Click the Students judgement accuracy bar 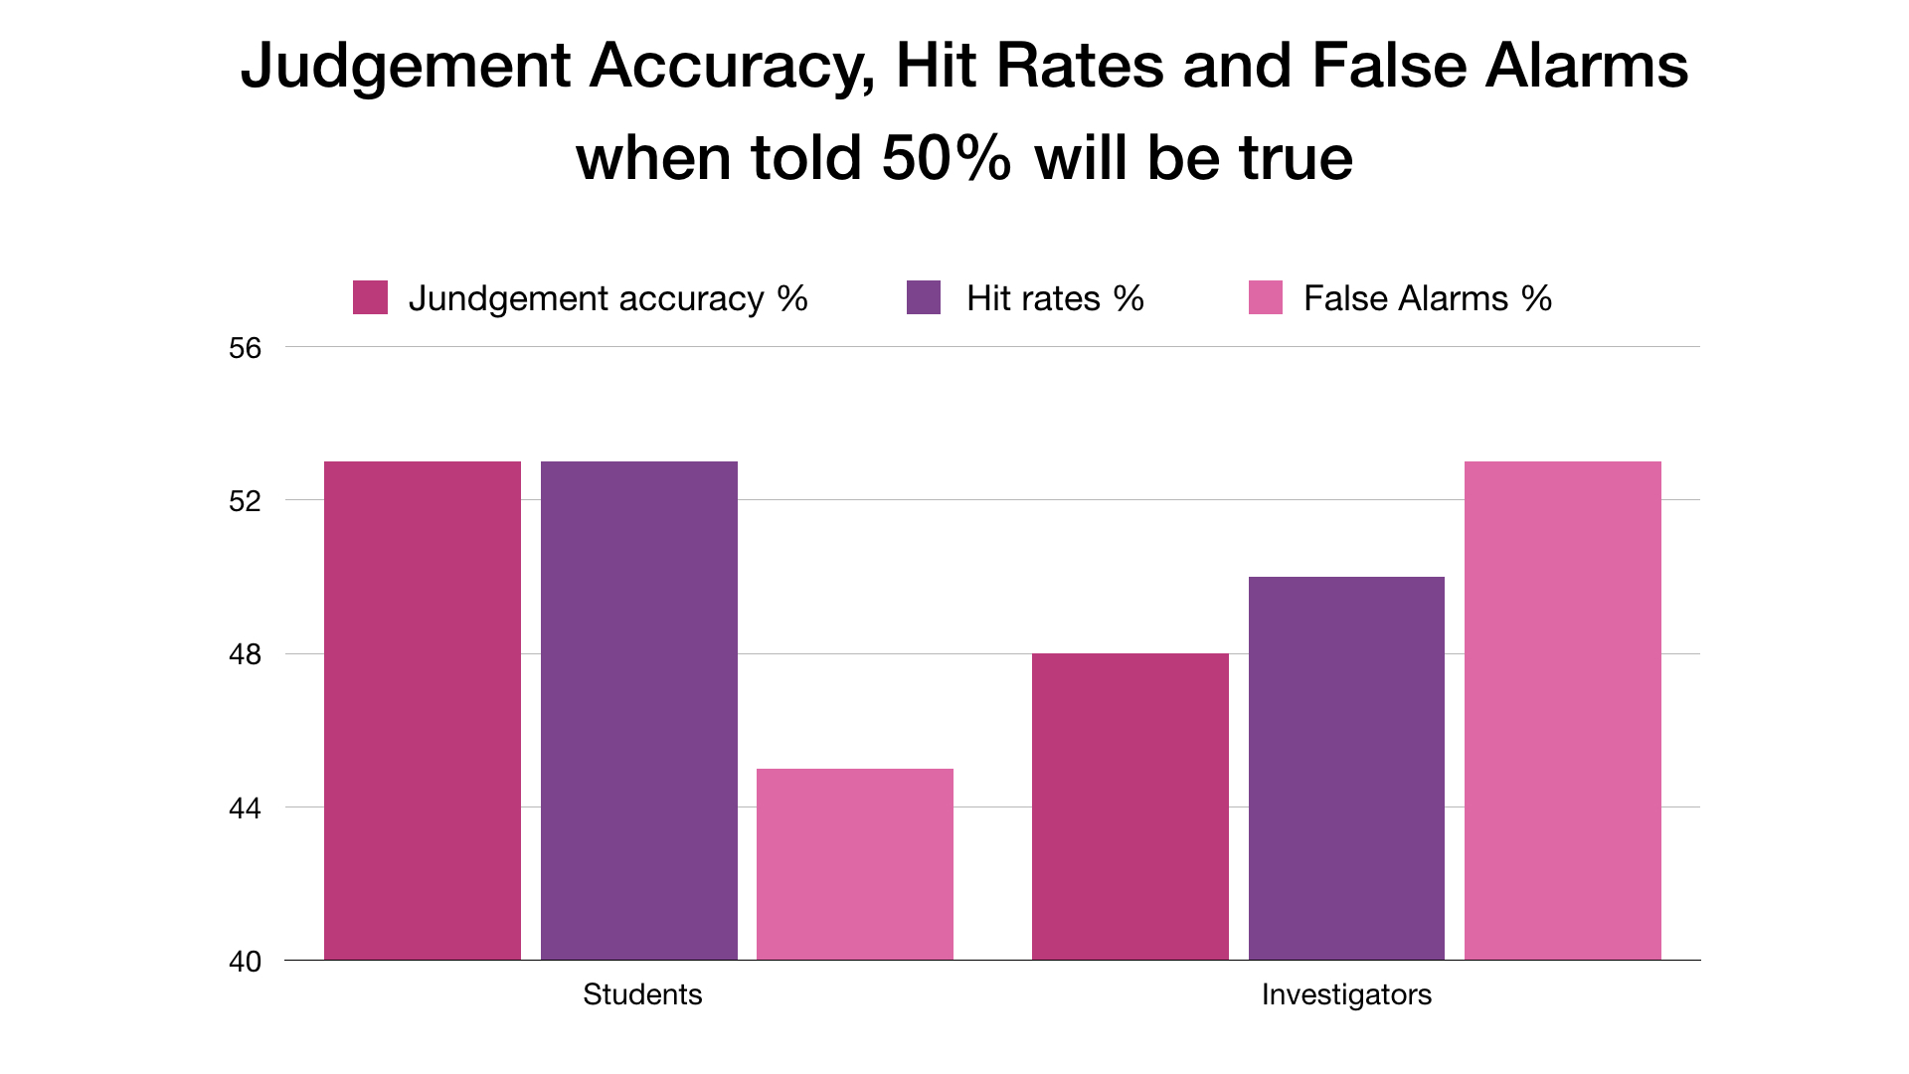point(423,710)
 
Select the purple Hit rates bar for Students point(639,710)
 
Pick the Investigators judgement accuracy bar point(1130,805)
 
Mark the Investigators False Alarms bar point(1563,710)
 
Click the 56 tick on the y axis point(245,348)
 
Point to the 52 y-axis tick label point(245,501)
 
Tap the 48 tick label point(245,654)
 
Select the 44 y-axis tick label point(245,808)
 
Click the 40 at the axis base point(245,962)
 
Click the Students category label point(642,994)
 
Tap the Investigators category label point(1346,994)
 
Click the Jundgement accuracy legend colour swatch point(370,297)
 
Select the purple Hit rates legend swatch point(924,297)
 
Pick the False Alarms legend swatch point(1266,297)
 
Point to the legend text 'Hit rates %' point(1055,298)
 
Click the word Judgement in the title point(406,68)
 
